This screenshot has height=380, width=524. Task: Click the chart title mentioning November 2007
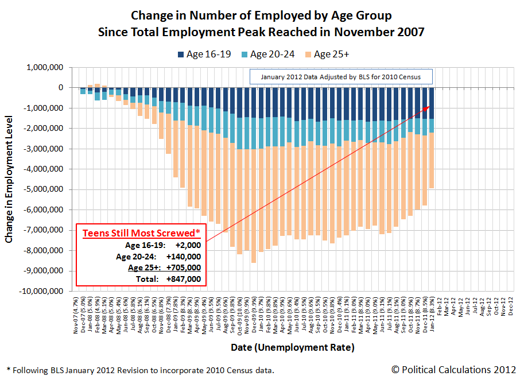coord(261,32)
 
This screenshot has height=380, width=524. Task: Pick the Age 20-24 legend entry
coord(269,54)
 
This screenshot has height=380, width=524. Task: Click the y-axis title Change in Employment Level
coord(10,179)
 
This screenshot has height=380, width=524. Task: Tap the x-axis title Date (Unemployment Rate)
coord(293,347)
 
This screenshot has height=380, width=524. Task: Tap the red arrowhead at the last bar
coord(428,107)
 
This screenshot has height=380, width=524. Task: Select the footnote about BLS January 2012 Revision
coord(140,370)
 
